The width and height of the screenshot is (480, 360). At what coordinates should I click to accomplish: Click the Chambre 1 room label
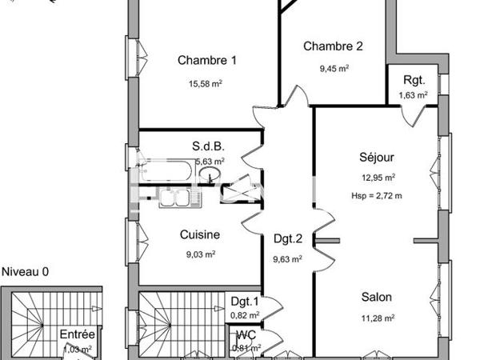207,60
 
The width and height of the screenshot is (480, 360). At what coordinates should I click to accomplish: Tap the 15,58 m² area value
206,83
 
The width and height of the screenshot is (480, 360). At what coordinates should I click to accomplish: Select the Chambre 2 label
333,46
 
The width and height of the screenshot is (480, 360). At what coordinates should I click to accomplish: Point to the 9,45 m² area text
334,69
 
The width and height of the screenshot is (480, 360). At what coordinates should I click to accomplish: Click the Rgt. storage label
414,80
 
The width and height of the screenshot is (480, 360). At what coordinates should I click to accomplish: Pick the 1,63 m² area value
413,95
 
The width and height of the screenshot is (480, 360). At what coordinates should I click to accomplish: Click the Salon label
375,297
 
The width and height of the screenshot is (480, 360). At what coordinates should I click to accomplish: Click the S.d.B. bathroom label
207,146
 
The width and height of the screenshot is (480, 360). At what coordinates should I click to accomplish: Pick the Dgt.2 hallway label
287,238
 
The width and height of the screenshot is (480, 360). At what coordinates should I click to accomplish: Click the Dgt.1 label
245,302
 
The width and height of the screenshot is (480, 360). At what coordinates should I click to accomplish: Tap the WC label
246,334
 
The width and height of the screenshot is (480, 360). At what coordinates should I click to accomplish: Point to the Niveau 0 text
25,271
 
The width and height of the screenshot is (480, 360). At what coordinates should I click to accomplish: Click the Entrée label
78,334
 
